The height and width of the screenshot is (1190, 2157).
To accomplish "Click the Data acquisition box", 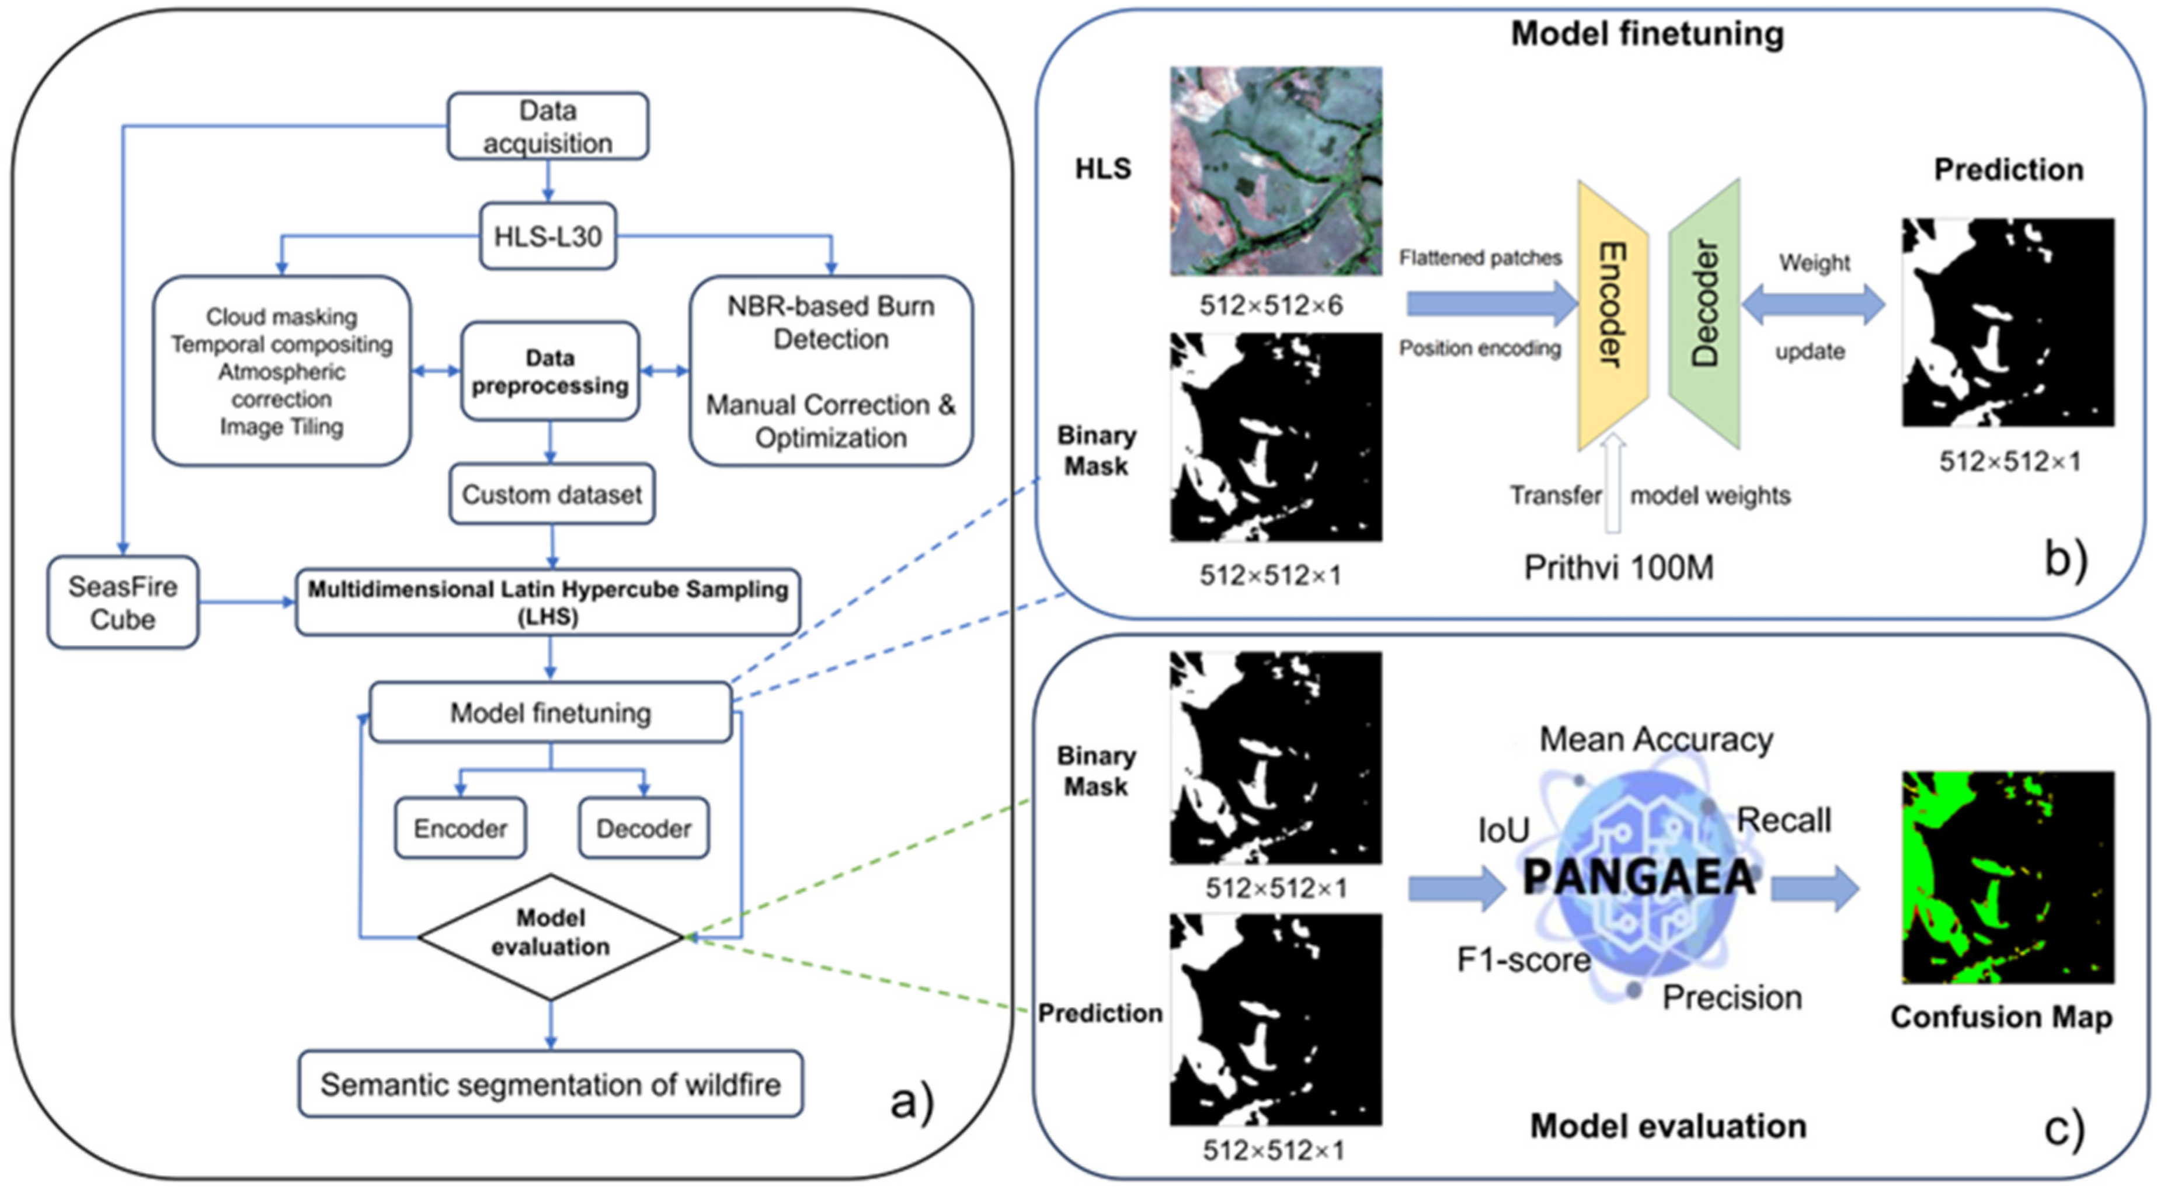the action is tap(548, 127).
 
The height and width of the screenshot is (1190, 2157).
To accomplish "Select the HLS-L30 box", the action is tap(548, 236).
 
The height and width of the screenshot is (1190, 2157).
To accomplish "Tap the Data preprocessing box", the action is tap(550, 371).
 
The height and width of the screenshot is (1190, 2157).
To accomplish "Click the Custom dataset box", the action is tap(552, 494).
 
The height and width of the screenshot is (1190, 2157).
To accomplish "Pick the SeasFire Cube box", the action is tap(123, 602).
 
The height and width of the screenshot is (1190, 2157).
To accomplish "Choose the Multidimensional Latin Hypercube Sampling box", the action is tap(548, 602).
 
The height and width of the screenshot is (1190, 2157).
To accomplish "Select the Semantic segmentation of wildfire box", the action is tap(551, 1084).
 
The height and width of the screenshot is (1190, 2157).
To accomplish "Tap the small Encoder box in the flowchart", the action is tap(461, 828).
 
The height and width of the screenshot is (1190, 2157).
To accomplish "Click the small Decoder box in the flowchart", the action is tap(644, 828).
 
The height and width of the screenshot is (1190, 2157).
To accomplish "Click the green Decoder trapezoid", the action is tap(1704, 314).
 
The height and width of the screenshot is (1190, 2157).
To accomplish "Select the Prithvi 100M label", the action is tap(1619, 568).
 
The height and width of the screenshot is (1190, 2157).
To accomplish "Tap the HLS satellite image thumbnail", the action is tap(1276, 172).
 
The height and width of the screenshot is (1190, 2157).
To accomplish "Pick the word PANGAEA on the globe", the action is tap(1638, 878).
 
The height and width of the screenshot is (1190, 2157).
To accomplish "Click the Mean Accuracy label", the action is tap(1656, 739).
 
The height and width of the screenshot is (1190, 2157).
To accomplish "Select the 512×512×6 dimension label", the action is tap(1271, 305).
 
